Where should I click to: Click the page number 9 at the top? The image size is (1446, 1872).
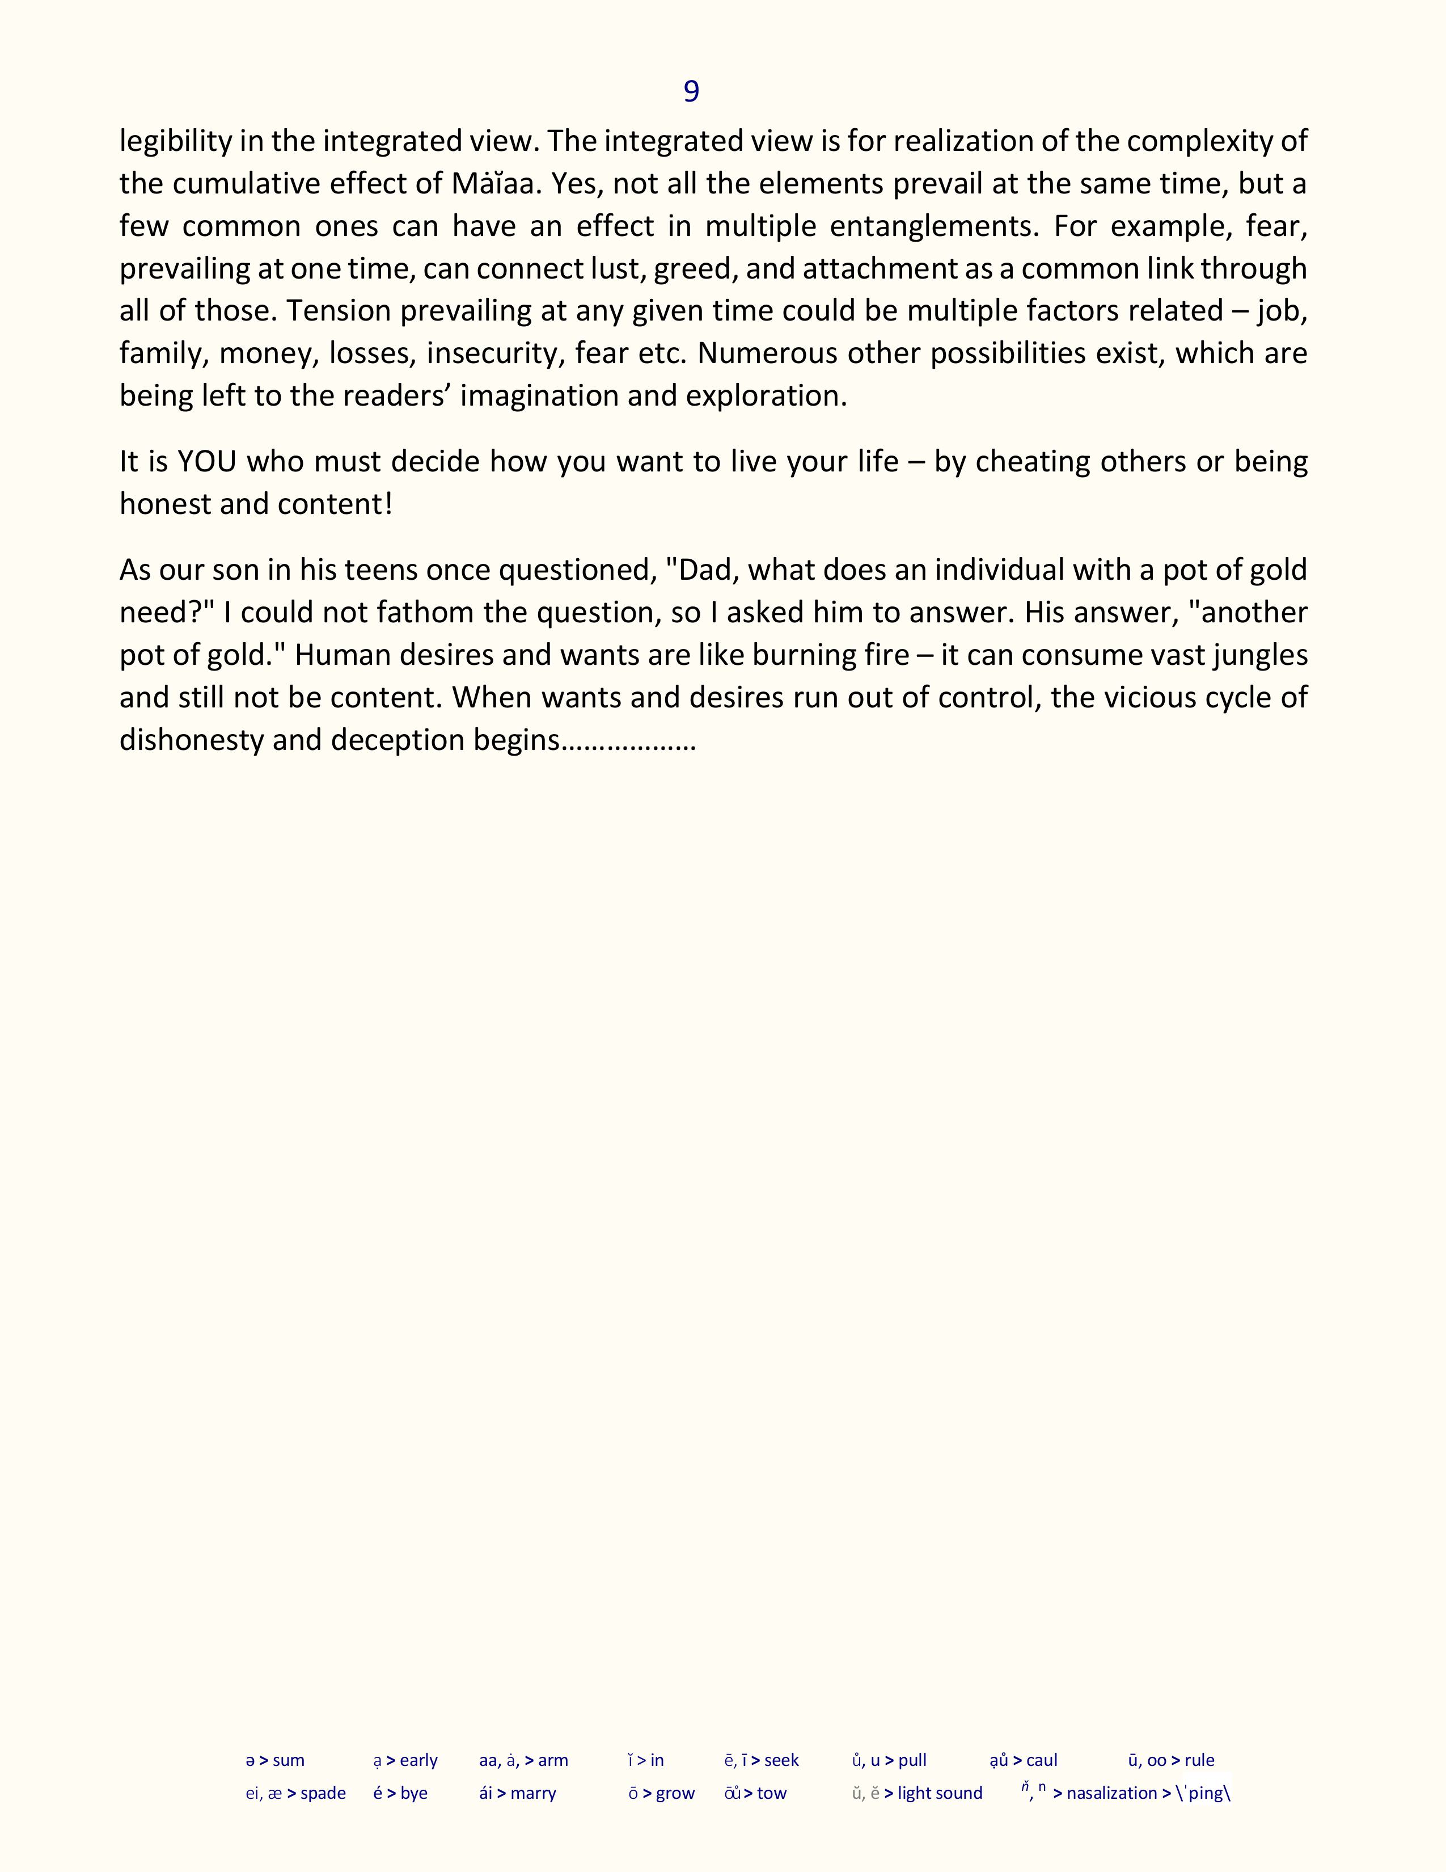coord(691,91)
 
